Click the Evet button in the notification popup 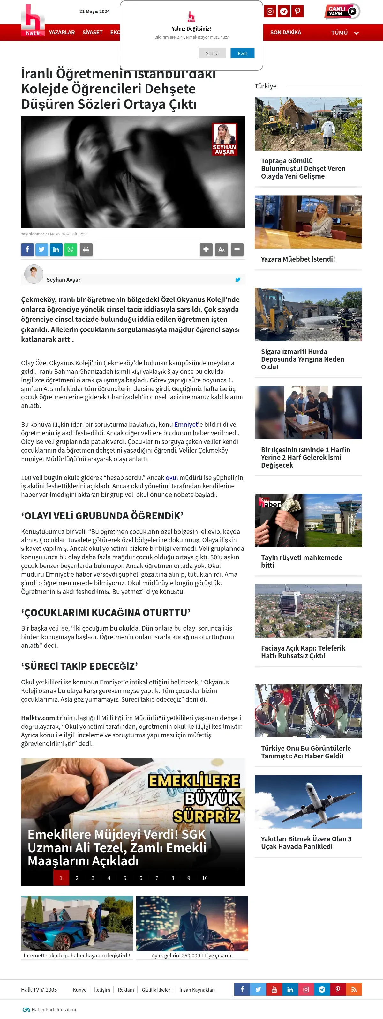(x=242, y=53)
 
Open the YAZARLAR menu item (x=62, y=33)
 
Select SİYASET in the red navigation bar (x=92, y=33)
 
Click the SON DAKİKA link (x=285, y=33)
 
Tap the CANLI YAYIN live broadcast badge (x=342, y=11)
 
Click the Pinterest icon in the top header (x=297, y=11)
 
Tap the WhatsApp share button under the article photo (x=71, y=250)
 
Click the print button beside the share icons (x=86, y=250)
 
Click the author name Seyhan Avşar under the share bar (x=63, y=280)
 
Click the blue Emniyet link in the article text (x=185, y=425)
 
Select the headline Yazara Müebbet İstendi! (x=297, y=259)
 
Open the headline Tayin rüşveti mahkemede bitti (x=301, y=561)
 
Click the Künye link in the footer (x=79, y=990)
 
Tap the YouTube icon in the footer (x=274, y=989)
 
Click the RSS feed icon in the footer (x=354, y=989)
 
